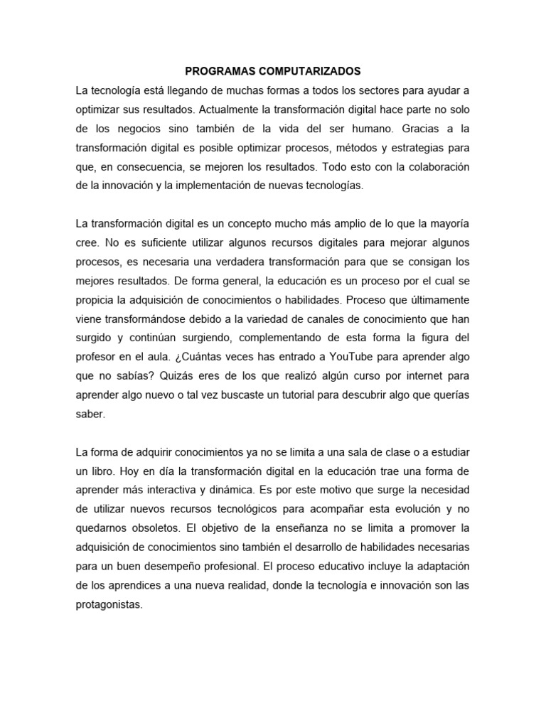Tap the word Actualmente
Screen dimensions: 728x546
tap(232, 111)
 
